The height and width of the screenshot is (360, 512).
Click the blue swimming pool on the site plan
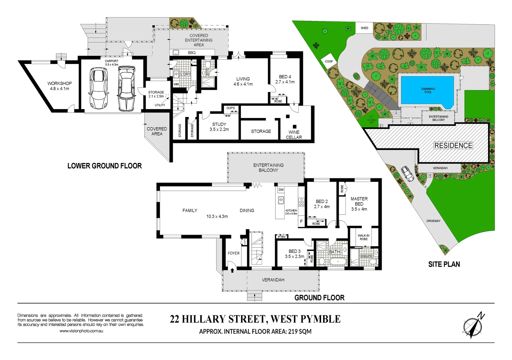427,90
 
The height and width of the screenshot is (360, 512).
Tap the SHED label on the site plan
364,28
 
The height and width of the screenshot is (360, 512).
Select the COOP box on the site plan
329,61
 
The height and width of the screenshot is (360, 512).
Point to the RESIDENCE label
453,146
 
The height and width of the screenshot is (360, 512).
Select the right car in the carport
126,88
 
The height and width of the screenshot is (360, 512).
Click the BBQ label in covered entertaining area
191,53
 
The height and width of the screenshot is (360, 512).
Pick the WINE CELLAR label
294,135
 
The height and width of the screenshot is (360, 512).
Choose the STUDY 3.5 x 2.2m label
219,127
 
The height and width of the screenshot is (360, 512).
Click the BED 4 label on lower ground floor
285,79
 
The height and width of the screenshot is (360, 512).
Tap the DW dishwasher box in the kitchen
281,190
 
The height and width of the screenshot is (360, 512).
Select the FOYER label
233,253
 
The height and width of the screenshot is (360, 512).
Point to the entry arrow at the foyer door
232,271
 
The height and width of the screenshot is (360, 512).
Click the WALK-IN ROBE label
363,237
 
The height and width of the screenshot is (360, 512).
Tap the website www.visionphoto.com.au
81,331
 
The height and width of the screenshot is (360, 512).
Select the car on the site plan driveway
407,174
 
